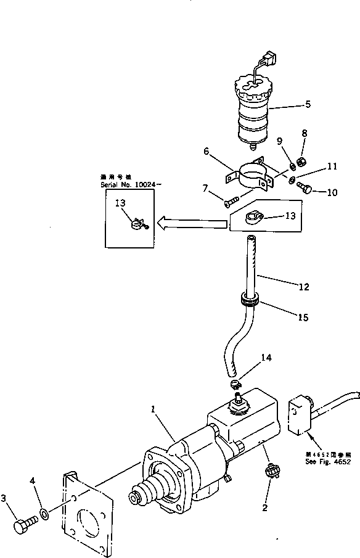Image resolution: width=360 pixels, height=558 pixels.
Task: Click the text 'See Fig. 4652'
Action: point(325,461)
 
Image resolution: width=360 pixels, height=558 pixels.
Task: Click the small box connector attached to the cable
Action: point(300,416)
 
